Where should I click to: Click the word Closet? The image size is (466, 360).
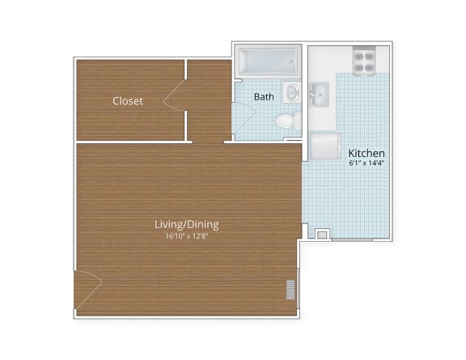(x=128, y=101)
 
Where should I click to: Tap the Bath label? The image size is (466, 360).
(x=264, y=97)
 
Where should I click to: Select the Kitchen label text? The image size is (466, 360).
(x=366, y=153)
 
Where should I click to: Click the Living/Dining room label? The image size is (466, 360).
(x=187, y=224)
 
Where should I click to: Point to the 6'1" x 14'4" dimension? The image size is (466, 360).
(x=366, y=163)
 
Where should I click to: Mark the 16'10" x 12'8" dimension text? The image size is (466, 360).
(x=187, y=236)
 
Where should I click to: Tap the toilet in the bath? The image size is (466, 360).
(x=285, y=121)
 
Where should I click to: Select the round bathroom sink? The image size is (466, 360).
(x=291, y=92)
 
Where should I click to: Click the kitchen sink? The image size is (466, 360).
(x=319, y=94)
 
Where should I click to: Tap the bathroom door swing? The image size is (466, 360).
(x=241, y=118)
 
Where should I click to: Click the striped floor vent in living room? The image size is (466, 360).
(x=290, y=290)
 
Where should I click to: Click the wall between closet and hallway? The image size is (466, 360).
(x=186, y=101)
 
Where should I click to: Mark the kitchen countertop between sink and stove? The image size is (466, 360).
(x=340, y=77)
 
